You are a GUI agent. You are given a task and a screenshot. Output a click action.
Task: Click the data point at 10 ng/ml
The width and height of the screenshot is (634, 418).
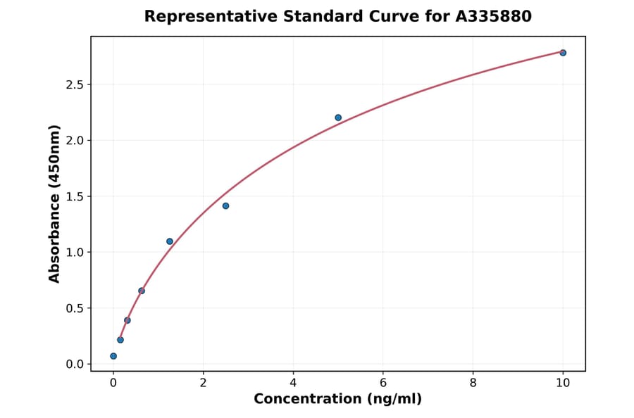[563, 53]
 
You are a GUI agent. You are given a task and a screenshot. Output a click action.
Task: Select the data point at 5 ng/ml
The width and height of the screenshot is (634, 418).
[338, 118]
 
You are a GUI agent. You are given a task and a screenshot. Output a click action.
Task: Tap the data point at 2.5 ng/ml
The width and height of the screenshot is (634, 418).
[225, 205]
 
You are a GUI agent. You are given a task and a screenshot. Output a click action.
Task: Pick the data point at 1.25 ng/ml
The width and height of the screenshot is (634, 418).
[170, 241]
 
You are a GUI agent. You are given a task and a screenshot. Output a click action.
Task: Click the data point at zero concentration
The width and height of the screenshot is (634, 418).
[113, 356]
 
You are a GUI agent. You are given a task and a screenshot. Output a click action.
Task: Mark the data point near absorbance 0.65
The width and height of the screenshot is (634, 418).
[142, 291]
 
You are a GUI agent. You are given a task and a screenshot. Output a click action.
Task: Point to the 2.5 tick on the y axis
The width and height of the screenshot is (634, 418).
[75, 85]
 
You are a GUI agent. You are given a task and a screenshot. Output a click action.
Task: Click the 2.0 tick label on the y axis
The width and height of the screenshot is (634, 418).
[75, 141]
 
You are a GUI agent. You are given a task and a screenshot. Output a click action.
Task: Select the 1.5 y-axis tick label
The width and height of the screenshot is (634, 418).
[75, 196]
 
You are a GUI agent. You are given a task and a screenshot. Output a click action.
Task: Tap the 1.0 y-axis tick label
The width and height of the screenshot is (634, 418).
[75, 253]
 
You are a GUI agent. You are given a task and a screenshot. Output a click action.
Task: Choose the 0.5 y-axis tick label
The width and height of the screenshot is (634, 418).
[75, 308]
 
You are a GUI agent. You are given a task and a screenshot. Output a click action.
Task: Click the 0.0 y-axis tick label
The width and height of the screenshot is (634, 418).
[75, 365]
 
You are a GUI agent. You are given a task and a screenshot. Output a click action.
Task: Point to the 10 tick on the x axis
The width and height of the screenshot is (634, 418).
[563, 383]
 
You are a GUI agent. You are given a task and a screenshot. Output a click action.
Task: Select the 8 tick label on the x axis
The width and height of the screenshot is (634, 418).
[473, 383]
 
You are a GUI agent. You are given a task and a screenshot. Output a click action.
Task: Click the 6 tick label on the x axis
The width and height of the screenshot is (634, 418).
[383, 383]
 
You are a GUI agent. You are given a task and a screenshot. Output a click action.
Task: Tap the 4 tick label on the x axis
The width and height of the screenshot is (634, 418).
[293, 383]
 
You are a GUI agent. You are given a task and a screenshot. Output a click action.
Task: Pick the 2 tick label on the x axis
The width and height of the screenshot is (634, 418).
[204, 383]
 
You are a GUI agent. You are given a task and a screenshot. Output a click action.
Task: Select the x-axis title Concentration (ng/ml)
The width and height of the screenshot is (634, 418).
[338, 400]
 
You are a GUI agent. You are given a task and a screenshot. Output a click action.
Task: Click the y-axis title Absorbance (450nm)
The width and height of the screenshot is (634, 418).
[55, 203]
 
